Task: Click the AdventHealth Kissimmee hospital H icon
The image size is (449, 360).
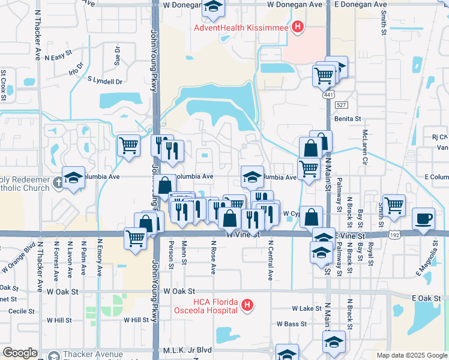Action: (x=297, y=27)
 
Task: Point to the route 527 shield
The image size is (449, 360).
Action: (x=341, y=105)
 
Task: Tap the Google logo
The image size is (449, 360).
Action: (x=20, y=353)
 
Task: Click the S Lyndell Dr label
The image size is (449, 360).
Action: (x=105, y=80)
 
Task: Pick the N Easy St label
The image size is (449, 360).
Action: (x=57, y=56)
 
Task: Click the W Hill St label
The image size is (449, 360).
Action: (x=136, y=320)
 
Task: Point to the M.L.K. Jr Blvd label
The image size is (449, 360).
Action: (x=188, y=350)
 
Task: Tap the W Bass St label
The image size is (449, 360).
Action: (x=292, y=323)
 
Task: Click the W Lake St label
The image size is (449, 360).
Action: (x=307, y=308)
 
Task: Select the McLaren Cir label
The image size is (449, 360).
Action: (x=364, y=148)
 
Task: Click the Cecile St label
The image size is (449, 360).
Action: (x=20, y=311)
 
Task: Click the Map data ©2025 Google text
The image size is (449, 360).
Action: (x=411, y=355)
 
